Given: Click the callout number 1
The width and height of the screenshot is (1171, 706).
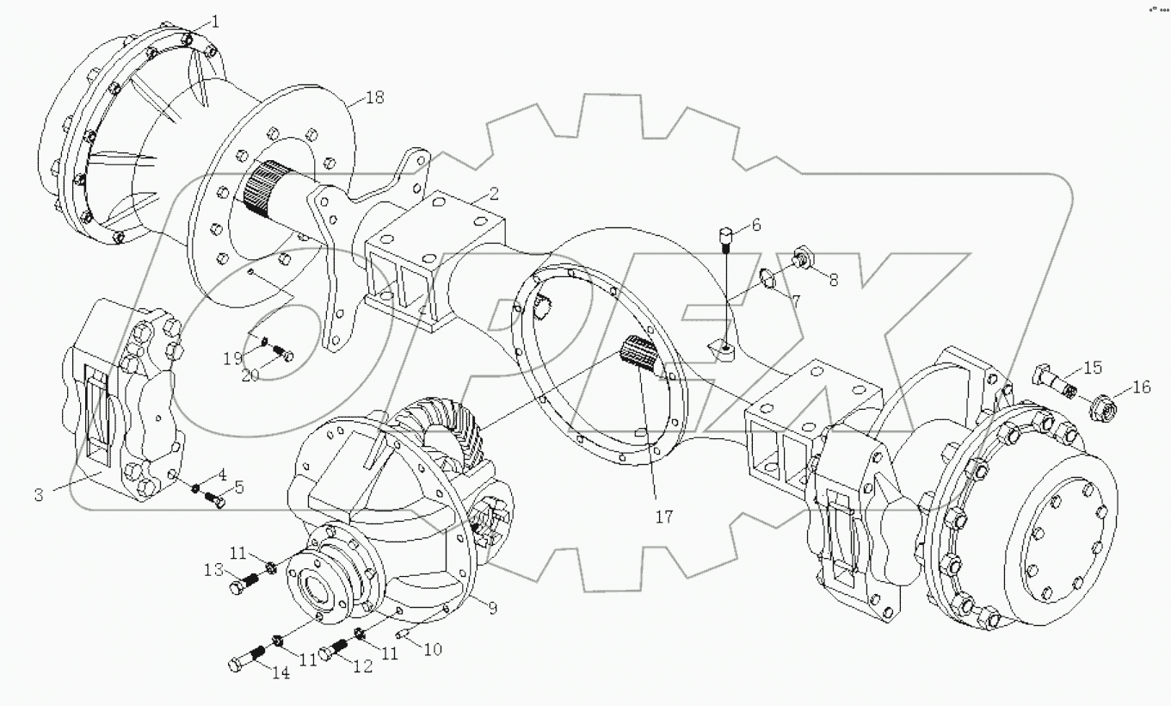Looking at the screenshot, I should pos(215,22).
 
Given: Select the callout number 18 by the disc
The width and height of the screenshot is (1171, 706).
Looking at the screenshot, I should pos(374,97).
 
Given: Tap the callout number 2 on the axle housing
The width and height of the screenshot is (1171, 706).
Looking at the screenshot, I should pos(494,193).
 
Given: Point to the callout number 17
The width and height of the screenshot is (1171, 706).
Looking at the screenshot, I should pos(663,517).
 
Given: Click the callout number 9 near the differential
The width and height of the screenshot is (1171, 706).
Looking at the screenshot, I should pos(492,608).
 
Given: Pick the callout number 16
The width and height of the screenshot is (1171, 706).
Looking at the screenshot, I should pos(1141,387).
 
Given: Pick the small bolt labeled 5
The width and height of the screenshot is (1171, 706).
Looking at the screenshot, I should pos(216,500).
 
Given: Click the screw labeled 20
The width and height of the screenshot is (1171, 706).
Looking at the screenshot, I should pos(280,351).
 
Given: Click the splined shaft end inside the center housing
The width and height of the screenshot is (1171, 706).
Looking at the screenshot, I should pos(638,352).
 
